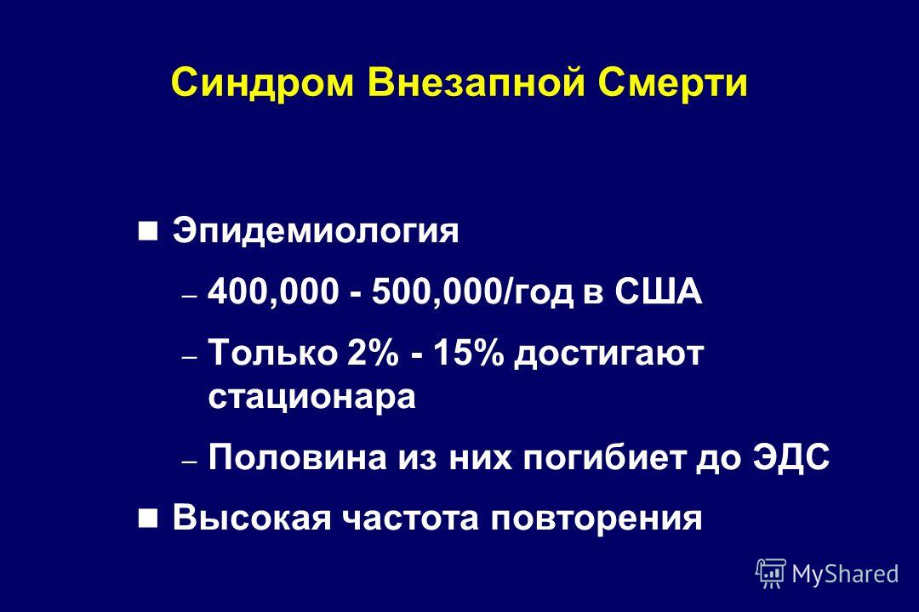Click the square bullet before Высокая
tap(148, 518)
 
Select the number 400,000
tap(274, 292)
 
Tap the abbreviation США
tap(658, 292)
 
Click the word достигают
tap(608, 355)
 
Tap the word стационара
tap(311, 399)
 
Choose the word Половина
tap(298, 457)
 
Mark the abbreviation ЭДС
tap(791, 457)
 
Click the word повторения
tap(596, 520)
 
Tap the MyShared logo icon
tap(771, 573)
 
